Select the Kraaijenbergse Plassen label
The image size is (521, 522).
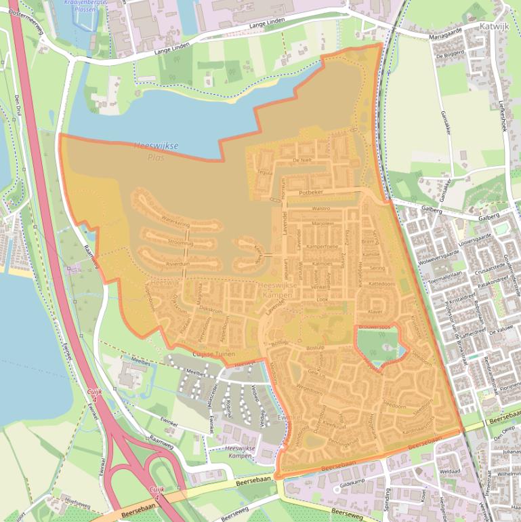click(86, 6)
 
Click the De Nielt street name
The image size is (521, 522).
click(301, 159)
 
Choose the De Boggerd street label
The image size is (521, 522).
click(449, 54)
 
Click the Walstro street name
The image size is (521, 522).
click(320, 209)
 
